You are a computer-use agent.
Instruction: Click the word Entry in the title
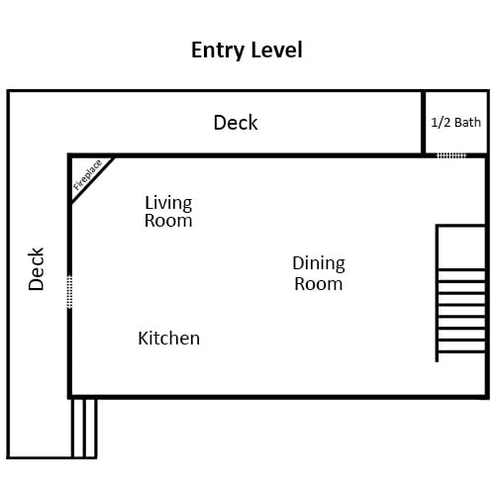217,50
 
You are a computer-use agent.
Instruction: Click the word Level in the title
276,49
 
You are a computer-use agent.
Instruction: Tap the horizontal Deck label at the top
236,123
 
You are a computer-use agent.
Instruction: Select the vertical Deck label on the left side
36,269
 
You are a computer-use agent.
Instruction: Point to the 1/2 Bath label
455,123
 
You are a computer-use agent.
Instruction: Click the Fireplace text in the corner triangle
87,175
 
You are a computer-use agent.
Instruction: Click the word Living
168,203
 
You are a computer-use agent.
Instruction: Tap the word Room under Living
168,221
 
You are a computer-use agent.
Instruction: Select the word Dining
319,264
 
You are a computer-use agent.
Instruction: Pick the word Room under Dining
319,284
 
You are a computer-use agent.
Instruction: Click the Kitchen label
169,339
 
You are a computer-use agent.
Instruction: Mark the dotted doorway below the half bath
451,155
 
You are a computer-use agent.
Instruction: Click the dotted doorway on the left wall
69,292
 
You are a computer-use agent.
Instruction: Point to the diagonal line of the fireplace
93,180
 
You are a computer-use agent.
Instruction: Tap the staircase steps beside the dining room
461,311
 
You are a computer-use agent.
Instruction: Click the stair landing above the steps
461,247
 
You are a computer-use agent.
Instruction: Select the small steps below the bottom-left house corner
84,428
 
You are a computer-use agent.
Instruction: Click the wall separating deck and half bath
423,123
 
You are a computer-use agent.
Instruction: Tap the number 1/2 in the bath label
441,123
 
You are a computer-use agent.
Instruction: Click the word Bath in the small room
467,123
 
